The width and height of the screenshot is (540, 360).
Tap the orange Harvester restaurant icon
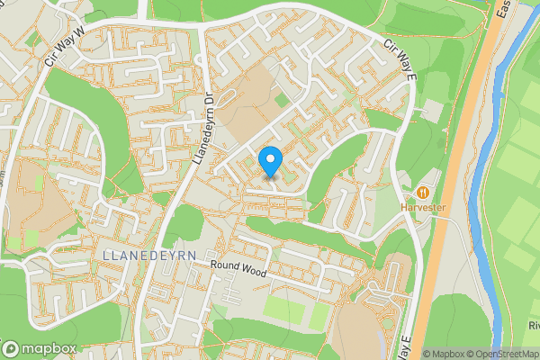(423, 192)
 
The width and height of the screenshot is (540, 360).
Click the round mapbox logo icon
(12, 348)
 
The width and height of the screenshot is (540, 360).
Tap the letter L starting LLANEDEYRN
(107, 255)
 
